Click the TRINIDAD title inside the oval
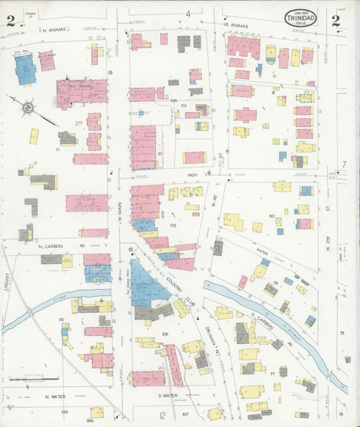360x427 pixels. pos(301,18)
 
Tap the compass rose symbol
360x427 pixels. pos(26,106)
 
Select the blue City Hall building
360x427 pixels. pos(26,70)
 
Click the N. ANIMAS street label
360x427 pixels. pos(53,30)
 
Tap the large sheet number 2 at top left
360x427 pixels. pos(10,21)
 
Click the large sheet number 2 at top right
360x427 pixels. pos(336,20)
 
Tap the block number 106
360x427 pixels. pos(164,334)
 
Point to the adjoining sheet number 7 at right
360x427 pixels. pos(343,164)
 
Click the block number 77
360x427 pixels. pos(272,372)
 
